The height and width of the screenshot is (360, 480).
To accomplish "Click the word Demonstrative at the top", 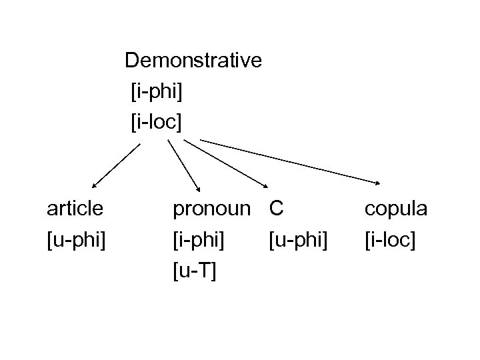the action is [193, 61].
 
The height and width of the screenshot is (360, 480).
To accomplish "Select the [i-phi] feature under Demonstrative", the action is [157, 91].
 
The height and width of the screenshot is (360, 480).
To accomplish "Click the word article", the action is [75, 209].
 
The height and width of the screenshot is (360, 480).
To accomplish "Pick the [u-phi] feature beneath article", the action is [76, 239].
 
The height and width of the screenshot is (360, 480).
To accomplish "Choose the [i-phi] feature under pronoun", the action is [198, 239].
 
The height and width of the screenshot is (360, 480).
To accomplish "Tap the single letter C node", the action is [277, 209].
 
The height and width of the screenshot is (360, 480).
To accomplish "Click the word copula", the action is [396, 209].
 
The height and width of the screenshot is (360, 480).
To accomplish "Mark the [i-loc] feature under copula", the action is [389, 239].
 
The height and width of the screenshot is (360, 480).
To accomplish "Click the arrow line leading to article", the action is [117, 166].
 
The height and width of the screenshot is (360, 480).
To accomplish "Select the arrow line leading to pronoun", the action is [183, 166].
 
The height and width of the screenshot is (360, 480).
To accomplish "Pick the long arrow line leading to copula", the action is [290, 161].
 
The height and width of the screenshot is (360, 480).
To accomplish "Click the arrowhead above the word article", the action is [94, 187].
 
